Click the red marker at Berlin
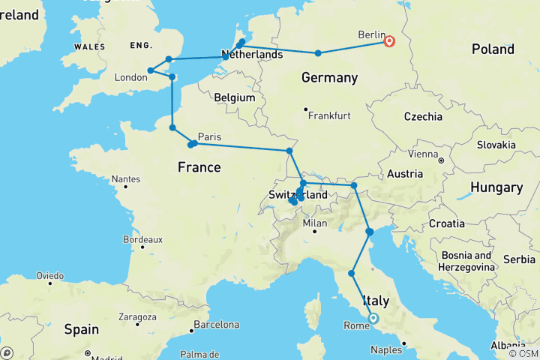[389, 41]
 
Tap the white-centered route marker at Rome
[373, 318]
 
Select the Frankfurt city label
[329, 116]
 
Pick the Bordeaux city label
[142, 239]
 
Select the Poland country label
[493, 49]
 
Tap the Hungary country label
[495, 187]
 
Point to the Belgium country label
[235, 98]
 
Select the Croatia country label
[448, 223]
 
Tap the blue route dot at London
[151, 70]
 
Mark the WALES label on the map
[89, 47]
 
